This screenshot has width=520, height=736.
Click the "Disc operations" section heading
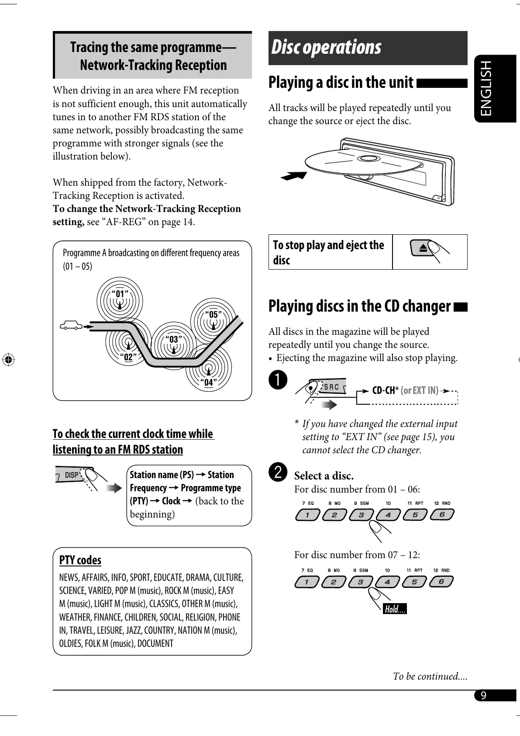click(x=326, y=48)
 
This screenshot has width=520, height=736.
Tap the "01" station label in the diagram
click(x=120, y=293)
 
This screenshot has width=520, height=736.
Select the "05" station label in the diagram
click(x=214, y=314)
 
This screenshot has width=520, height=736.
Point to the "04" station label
click(x=209, y=382)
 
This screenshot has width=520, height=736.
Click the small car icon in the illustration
click(x=71, y=325)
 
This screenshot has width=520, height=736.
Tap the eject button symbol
click(x=423, y=249)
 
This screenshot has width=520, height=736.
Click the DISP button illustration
click(x=72, y=475)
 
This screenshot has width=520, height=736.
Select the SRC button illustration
click(x=331, y=387)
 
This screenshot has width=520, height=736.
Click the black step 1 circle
click(x=278, y=379)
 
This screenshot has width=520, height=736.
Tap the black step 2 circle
click(x=278, y=472)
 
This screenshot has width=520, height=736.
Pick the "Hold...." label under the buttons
click(x=395, y=609)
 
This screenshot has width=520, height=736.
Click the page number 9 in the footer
click(x=483, y=695)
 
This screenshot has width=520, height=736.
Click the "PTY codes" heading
click(x=80, y=560)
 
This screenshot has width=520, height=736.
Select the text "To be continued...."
click(x=430, y=676)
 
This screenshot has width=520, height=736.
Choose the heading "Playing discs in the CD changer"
click(x=359, y=306)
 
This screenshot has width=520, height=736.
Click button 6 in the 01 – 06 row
click(x=442, y=514)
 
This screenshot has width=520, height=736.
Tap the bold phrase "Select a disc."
click(x=324, y=476)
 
